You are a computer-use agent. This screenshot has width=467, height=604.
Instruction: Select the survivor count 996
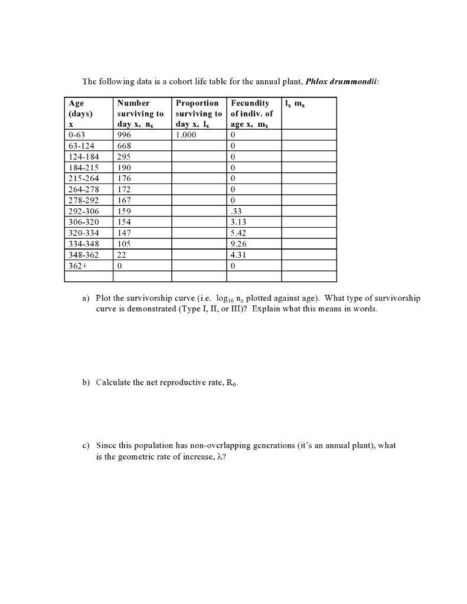tap(125, 135)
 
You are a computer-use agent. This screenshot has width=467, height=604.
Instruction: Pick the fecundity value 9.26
tap(239, 244)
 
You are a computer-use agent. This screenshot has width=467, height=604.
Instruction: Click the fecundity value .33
tap(236, 211)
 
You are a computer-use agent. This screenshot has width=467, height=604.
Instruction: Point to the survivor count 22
tap(122, 255)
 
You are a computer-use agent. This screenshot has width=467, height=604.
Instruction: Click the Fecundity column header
tap(250, 103)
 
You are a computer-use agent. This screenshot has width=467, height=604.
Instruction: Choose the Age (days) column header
tap(80, 108)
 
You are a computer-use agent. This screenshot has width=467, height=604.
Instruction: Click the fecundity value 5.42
tap(239, 233)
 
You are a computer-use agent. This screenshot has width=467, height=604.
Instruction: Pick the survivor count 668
tap(124, 146)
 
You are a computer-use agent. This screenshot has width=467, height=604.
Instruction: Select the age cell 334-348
tap(84, 244)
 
